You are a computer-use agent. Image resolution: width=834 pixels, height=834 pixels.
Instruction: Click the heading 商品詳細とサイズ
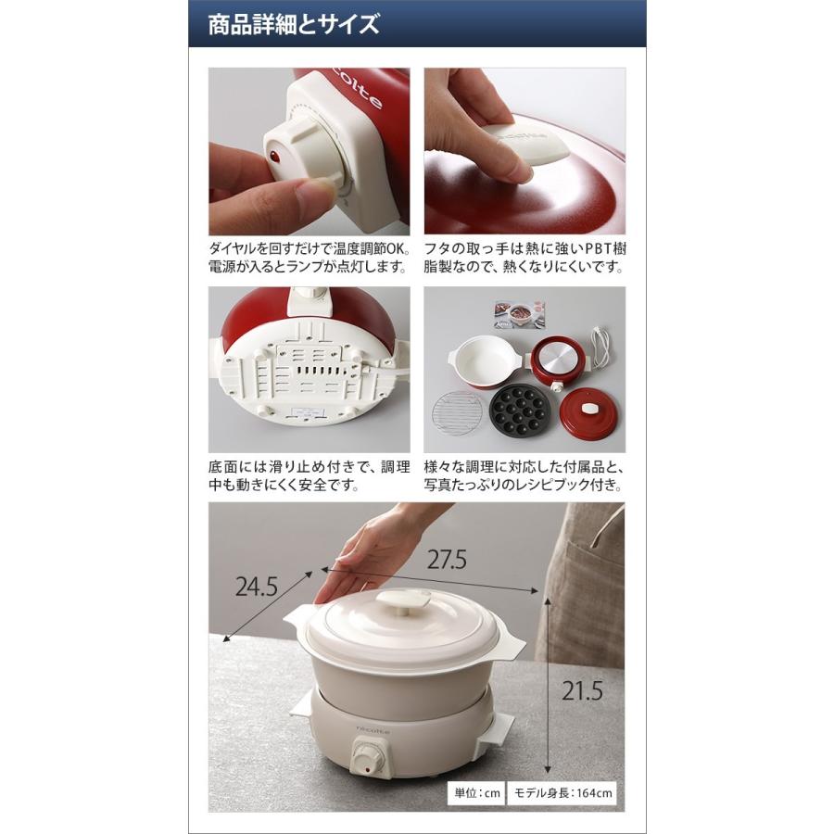pyautogui.click(x=293, y=25)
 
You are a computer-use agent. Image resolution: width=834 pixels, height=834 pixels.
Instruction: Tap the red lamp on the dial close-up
pyautogui.click(x=275, y=158)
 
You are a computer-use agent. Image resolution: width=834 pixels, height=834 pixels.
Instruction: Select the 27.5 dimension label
pyautogui.click(x=447, y=560)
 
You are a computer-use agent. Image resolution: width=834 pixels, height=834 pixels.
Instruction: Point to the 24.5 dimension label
pyautogui.click(x=257, y=587)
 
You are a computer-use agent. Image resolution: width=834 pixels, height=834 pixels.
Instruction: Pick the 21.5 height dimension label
pyautogui.click(x=583, y=691)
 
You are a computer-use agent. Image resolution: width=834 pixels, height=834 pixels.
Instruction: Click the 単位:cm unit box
pyautogui.click(x=476, y=793)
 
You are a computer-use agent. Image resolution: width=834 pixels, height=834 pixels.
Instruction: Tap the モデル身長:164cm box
pyautogui.click(x=562, y=793)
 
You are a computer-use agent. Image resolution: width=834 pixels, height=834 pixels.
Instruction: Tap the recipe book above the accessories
pyautogui.click(x=520, y=314)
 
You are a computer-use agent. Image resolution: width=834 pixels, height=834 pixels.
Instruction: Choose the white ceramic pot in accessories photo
pyautogui.click(x=486, y=360)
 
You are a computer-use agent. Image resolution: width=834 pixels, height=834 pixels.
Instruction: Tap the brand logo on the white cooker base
pyautogui.click(x=373, y=729)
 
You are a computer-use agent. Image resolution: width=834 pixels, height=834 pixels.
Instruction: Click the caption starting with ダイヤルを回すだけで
pyautogui.click(x=310, y=258)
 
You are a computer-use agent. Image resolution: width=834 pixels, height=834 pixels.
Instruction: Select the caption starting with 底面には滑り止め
pyautogui.click(x=310, y=475)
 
